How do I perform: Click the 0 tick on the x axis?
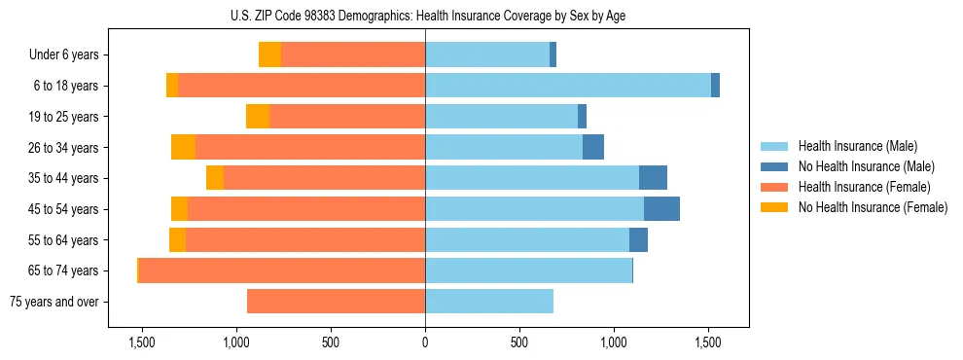(x=425, y=342)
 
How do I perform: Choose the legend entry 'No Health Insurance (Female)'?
(x=873, y=207)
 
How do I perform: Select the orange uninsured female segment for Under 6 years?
(x=269, y=55)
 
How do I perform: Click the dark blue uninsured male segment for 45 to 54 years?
(x=661, y=209)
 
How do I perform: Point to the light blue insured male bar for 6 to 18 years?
(x=568, y=86)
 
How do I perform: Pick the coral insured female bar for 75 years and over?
(x=336, y=302)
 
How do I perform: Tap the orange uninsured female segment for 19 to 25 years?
(x=258, y=117)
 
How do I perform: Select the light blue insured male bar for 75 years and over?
(x=489, y=302)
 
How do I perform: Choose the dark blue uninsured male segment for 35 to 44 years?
(x=653, y=178)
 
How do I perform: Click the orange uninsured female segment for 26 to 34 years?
(x=183, y=148)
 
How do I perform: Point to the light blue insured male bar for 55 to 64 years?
(x=527, y=240)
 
